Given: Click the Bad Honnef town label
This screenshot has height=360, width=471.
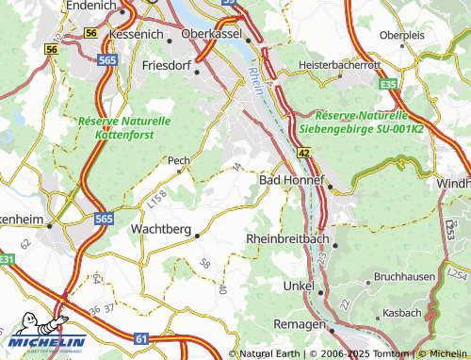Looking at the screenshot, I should pyautogui.click(x=291, y=179).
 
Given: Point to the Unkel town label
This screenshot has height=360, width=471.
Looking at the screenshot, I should pyautogui.click(x=299, y=285).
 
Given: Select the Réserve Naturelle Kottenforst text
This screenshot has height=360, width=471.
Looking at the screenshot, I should pyautogui.click(x=124, y=128).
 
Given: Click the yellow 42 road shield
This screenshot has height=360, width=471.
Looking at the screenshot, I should pyautogui.click(x=302, y=151).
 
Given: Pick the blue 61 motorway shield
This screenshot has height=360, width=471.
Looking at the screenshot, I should pyautogui.click(x=140, y=337).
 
